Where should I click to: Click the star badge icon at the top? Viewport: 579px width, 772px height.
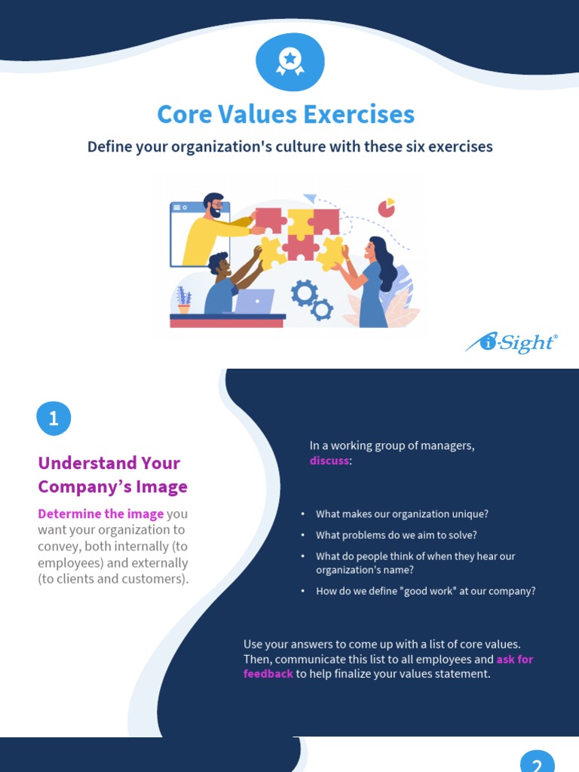(289, 61)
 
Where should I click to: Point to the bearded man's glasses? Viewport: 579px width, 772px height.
(216, 204)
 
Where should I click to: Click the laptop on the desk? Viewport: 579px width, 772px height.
(253, 302)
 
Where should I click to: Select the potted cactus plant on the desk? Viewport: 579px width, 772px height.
(183, 299)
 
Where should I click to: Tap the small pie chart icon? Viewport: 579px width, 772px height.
(387, 207)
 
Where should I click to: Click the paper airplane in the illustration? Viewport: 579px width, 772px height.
(310, 199)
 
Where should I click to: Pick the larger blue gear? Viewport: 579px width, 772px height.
(304, 293)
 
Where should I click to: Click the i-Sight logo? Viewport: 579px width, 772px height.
(512, 343)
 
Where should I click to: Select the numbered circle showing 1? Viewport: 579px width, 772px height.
(54, 418)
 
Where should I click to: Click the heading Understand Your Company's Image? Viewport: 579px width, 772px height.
(112, 474)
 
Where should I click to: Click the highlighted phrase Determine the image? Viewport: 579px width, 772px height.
(101, 514)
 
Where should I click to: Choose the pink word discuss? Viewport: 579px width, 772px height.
(329, 460)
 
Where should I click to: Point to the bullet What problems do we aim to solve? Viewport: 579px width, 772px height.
(397, 535)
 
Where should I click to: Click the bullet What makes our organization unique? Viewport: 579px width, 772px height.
(402, 514)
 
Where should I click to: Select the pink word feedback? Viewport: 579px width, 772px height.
(268, 673)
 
